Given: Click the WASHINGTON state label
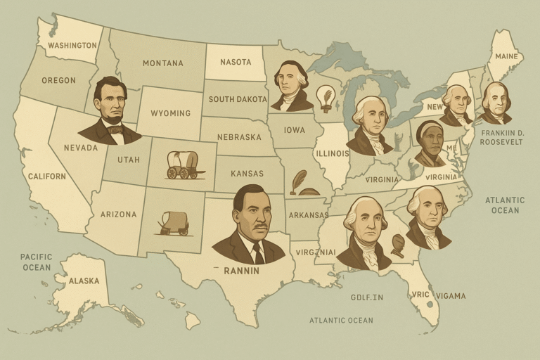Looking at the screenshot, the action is (72, 46).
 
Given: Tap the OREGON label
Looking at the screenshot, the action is (58, 80).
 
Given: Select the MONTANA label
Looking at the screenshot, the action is (162, 63).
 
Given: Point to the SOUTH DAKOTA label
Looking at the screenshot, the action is (238, 99).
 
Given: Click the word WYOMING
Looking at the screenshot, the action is (170, 113).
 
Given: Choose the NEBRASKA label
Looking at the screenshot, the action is (239, 136).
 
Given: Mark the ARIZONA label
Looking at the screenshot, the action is (118, 214).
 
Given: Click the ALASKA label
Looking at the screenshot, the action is (84, 281).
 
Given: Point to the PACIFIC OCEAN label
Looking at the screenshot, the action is (36, 262).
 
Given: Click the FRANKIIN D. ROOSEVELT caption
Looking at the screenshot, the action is (502, 136).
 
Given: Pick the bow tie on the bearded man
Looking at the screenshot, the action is (115, 129).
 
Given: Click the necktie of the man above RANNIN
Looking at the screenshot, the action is (257, 252).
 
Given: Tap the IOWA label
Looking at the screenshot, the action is (294, 130).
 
